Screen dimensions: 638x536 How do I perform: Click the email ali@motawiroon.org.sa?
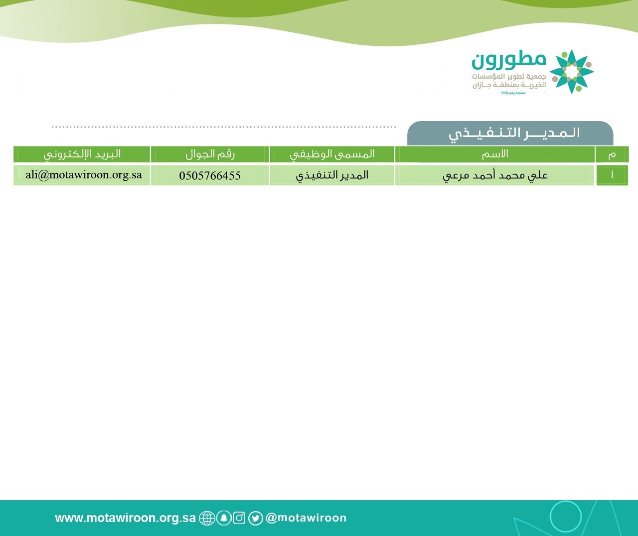pyautogui.click(x=84, y=175)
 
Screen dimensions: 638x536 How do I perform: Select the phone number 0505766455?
pyautogui.click(x=210, y=176)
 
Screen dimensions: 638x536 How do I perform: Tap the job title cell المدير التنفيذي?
pyautogui.click(x=332, y=175)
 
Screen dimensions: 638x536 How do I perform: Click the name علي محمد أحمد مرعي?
pyautogui.click(x=495, y=175)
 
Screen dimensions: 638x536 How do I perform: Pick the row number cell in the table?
pyautogui.click(x=612, y=175)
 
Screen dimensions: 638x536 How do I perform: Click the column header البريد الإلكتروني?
pyautogui.click(x=82, y=154)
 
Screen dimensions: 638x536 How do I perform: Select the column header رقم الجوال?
pyautogui.click(x=210, y=154)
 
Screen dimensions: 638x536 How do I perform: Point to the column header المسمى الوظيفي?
pyautogui.click(x=332, y=154)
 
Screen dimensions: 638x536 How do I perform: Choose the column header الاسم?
pyautogui.click(x=495, y=154)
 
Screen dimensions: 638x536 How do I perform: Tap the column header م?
pyautogui.click(x=612, y=155)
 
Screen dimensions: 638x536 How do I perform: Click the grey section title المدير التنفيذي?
pyautogui.click(x=514, y=133)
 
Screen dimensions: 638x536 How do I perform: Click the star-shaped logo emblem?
pyautogui.click(x=572, y=72)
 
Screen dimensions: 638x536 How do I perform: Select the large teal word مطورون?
pyautogui.click(x=509, y=60)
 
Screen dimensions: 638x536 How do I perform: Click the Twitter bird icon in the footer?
pyautogui.click(x=255, y=518)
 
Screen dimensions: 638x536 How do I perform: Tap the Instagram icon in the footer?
pyautogui.click(x=239, y=518)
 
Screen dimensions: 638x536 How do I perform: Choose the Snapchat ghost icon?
pyautogui.click(x=224, y=518)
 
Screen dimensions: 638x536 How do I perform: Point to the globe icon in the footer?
pyautogui.click(x=207, y=518)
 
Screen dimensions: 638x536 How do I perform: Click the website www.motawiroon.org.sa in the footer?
pyautogui.click(x=125, y=518)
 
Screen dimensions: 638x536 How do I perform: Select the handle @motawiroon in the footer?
pyautogui.click(x=306, y=518)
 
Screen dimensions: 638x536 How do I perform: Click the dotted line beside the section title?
pyautogui.click(x=224, y=127)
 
